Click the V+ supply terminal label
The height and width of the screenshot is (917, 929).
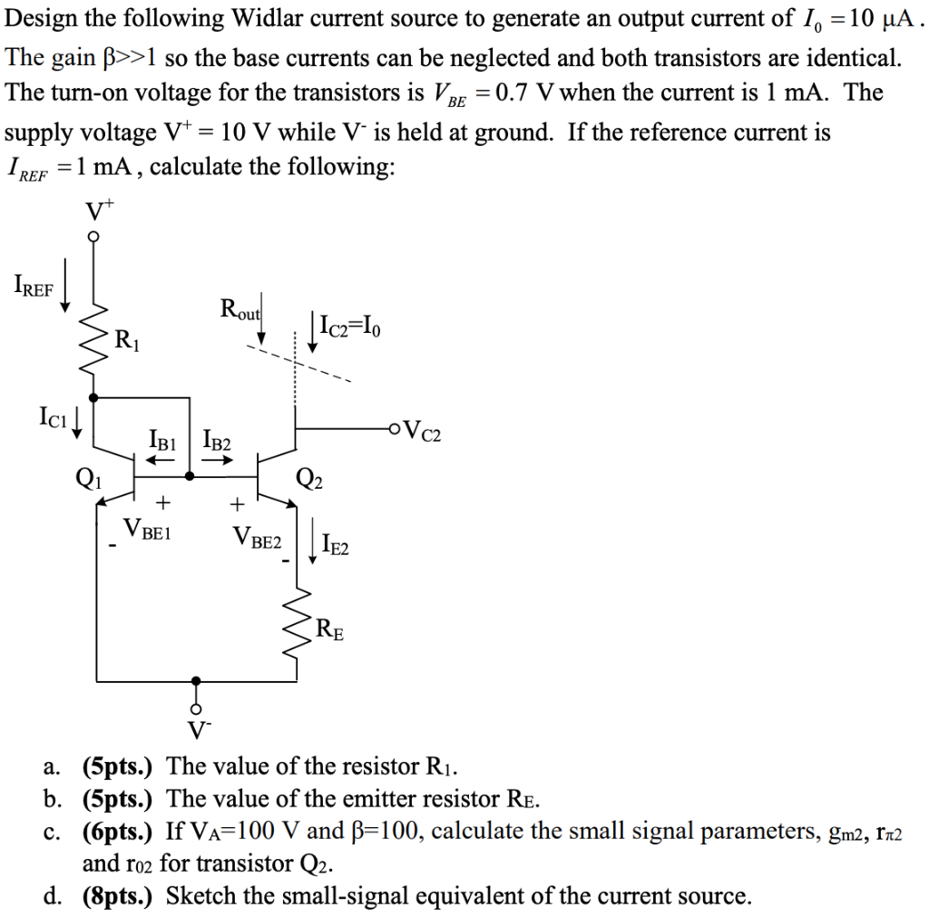(x=97, y=210)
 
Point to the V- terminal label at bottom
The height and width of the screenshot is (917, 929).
(x=195, y=729)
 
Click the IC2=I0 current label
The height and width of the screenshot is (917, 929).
(x=350, y=325)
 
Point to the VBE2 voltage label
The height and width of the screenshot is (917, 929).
(x=258, y=541)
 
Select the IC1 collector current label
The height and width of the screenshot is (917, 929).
(x=53, y=419)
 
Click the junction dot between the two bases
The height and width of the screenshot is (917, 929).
(x=188, y=474)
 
